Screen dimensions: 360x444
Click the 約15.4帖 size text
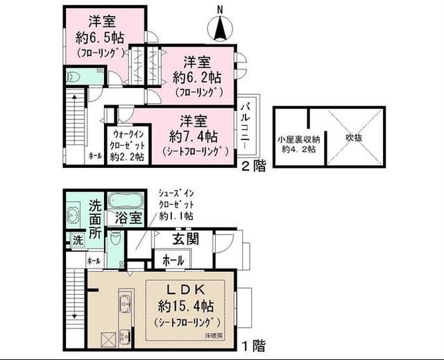pos(186,305)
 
